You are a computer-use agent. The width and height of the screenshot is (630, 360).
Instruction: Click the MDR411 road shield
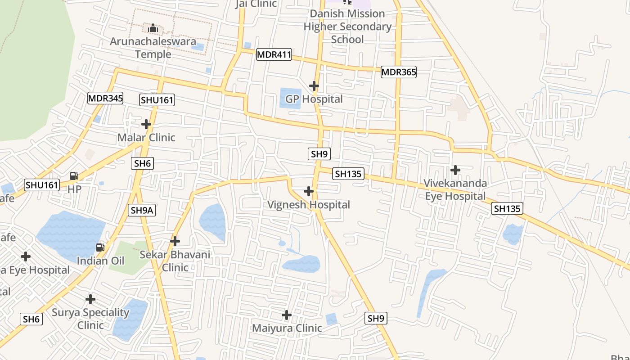274,55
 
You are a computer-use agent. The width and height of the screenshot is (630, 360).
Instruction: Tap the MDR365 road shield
399,72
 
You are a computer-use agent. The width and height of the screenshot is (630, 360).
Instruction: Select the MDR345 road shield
105,98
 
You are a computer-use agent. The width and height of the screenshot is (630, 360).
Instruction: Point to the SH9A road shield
142,210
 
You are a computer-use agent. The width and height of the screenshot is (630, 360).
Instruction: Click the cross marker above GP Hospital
314,85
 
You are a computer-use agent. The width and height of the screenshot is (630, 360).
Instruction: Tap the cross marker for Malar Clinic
146,124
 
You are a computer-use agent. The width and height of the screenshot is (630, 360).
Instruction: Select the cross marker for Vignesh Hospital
309,191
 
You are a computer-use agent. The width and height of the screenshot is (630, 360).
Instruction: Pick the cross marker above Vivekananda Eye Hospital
455,170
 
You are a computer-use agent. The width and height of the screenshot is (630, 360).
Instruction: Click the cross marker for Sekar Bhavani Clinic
175,241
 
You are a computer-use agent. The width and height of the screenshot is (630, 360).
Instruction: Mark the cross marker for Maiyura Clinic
287,315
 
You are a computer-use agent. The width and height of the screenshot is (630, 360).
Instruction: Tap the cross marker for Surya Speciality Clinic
90,299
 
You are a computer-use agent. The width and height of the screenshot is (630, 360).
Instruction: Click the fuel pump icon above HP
74,176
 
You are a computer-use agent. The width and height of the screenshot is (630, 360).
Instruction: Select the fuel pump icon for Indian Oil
100,247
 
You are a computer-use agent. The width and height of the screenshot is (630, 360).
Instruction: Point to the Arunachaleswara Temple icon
153,29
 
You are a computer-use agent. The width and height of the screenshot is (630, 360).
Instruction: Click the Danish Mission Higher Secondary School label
347,27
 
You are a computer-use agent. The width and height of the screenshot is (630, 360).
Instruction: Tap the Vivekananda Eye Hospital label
455,189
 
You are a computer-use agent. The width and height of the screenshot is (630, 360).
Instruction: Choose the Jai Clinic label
256,4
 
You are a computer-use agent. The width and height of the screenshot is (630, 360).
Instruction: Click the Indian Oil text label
100,261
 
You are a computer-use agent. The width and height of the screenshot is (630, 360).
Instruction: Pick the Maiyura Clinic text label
287,328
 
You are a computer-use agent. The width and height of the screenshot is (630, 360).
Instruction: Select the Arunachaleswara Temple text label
153,48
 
